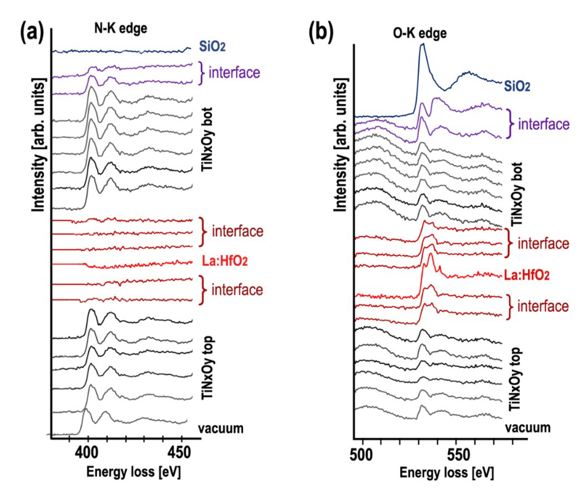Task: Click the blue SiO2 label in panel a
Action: pyautogui.click(x=212, y=47)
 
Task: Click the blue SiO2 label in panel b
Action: pyautogui.click(x=517, y=87)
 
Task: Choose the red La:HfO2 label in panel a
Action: pyautogui.click(x=225, y=261)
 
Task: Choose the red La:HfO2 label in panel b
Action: pyautogui.click(x=527, y=275)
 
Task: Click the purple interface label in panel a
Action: pyautogui.click(x=234, y=72)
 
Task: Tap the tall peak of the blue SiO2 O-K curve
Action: pyautogui.click(x=423, y=44)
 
